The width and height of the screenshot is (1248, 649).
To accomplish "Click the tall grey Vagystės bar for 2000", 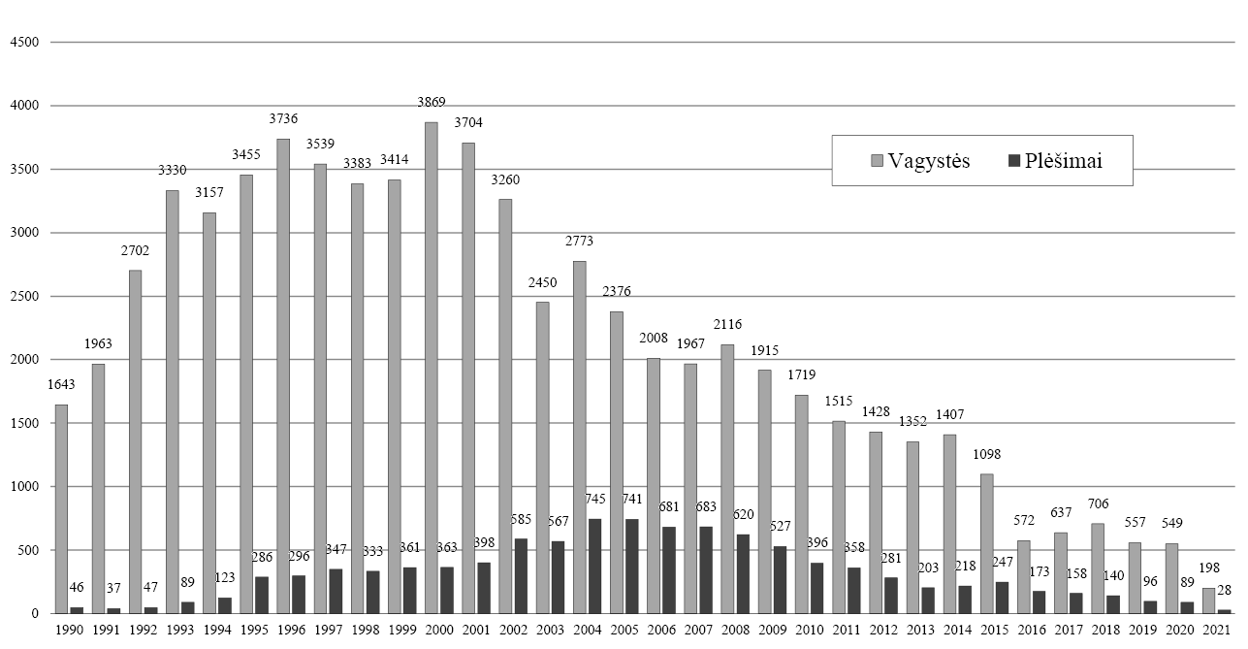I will pyautogui.click(x=431, y=368).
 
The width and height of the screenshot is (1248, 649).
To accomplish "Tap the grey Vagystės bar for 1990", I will pyautogui.click(x=61, y=509).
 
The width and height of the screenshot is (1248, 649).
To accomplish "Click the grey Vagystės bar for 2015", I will pyautogui.click(x=986, y=543).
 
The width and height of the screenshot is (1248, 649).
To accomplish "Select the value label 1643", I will pyautogui.click(x=60, y=384).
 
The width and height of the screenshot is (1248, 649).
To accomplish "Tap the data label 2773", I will pyautogui.click(x=579, y=242).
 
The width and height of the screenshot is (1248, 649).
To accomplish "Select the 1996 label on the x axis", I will pyautogui.click(x=291, y=630).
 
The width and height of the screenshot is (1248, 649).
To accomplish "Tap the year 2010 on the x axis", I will pyautogui.click(x=808, y=630).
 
